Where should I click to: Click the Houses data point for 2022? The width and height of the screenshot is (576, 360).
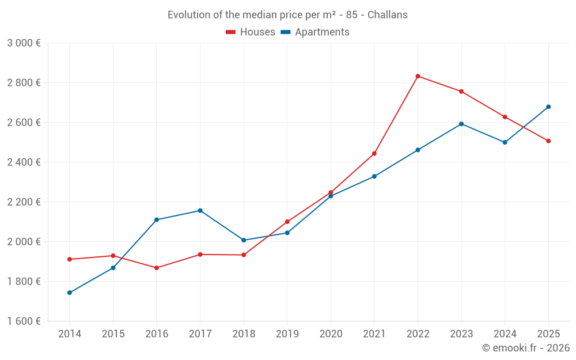[418, 76]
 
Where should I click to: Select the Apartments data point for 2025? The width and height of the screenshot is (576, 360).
[548, 107]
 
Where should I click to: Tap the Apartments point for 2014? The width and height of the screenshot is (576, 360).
[70, 293]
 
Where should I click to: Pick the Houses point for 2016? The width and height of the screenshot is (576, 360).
[157, 268]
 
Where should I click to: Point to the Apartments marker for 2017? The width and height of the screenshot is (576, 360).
[200, 211]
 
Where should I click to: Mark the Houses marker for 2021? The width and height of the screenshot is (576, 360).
[374, 154]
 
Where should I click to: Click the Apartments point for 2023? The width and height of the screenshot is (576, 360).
[461, 124]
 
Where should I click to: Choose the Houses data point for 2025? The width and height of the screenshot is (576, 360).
[548, 141]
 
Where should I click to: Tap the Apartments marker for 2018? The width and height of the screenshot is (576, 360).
[244, 240]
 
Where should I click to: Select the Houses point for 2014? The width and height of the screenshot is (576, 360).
[70, 259]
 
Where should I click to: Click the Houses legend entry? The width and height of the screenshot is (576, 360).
[251, 32]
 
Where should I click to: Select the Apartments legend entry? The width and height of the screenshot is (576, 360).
[315, 32]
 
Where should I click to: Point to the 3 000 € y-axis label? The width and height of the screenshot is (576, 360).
[24, 43]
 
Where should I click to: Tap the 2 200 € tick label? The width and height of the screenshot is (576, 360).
[24, 202]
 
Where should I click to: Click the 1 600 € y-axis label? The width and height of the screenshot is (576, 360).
[24, 321]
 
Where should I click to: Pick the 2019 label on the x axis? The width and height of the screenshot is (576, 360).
[287, 334]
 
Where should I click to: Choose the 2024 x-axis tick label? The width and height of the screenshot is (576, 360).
[505, 334]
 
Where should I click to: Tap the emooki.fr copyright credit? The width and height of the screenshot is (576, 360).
[526, 348]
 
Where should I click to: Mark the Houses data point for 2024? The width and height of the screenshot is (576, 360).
[505, 117]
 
